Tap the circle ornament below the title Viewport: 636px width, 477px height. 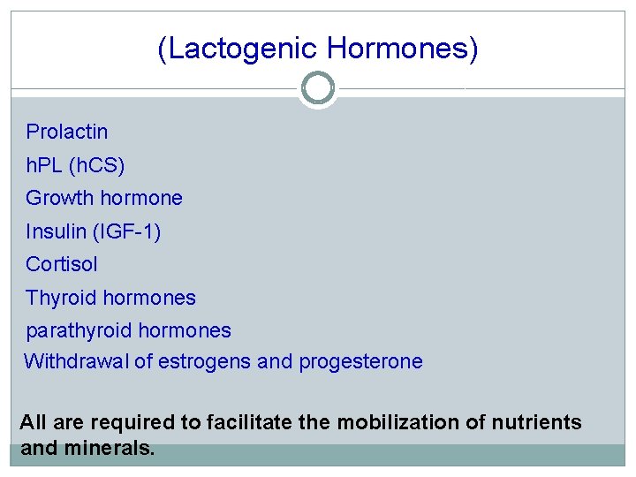click(x=317, y=88)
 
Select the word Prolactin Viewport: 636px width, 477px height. click(x=67, y=132)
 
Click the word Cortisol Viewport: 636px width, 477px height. click(x=62, y=264)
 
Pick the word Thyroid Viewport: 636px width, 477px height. click(x=61, y=298)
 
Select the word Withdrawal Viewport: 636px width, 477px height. click(x=76, y=361)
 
